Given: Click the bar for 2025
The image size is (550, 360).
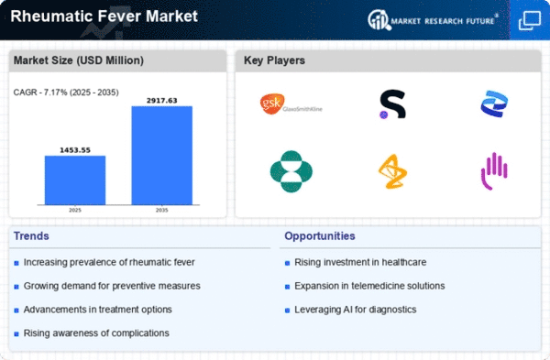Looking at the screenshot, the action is click(75, 180).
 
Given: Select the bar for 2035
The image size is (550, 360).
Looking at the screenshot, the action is click(161, 156).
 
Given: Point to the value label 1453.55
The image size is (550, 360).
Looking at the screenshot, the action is click(75, 150).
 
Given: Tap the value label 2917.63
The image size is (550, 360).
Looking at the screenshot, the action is click(161, 101).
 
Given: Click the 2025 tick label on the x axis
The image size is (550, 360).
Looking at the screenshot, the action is click(75, 210).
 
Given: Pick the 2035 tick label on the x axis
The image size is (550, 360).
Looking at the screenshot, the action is click(161, 210).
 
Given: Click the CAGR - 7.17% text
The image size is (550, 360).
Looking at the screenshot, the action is click(40, 93).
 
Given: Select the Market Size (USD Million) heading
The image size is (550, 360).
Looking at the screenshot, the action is click(79, 60).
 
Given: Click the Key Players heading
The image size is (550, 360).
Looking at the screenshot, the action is click(274, 60).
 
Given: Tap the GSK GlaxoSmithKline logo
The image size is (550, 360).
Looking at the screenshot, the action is click(291, 104).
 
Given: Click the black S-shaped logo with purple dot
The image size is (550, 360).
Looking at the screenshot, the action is click(392, 104).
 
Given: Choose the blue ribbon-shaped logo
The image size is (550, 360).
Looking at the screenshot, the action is click(494, 104).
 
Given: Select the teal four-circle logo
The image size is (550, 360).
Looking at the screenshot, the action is click(291, 171).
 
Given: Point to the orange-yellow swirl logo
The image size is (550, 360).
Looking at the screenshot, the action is click(392, 171).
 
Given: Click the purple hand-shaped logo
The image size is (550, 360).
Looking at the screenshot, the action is click(494, 171).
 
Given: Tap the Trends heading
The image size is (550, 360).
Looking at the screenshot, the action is click(31, 236).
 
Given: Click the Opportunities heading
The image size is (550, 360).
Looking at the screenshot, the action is click(320, 236).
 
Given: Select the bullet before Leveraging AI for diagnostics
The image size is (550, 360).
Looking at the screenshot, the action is click(287, 311).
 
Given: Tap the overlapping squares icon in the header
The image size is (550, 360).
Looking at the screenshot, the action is click(529, 21).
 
